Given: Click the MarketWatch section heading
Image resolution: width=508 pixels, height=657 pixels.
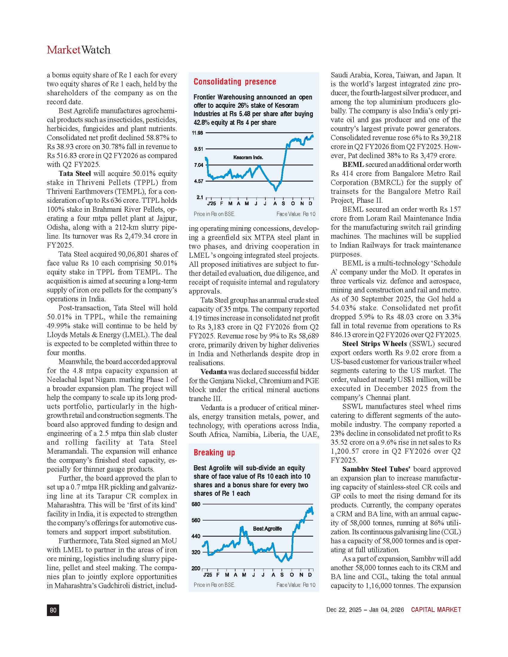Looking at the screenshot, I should coord(79,50).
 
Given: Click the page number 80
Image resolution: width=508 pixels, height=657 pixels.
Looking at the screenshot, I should coord(53,610).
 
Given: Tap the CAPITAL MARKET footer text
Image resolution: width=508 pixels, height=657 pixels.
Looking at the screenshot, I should coord(436,610).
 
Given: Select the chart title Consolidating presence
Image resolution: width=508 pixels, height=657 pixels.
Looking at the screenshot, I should coord(235,82).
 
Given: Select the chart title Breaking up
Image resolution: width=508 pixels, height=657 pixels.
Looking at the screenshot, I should coord(214,452).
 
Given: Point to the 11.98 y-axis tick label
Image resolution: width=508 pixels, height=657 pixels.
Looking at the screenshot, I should coord(198,133).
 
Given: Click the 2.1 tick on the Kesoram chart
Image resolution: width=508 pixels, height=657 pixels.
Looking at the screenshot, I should coord(200,197).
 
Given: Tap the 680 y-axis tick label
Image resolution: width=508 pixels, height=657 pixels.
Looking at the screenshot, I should coord(196,504).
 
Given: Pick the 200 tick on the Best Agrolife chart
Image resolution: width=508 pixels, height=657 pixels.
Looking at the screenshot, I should coord(196,568).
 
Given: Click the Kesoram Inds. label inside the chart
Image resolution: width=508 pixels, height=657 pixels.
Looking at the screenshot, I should coord(248,157).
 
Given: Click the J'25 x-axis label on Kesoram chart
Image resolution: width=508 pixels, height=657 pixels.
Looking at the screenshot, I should coord(212,204).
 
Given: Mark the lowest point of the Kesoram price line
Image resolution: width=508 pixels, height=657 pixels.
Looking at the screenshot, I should coord(276,190).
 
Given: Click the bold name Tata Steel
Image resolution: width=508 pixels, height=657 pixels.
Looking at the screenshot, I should coord(75,174).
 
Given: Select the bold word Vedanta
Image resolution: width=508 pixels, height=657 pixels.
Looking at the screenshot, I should coord(214,372).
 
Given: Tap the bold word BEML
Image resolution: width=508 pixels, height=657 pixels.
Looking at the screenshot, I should coord(353,165).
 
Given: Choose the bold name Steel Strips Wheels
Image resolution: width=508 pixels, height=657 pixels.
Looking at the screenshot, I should coord(374,343).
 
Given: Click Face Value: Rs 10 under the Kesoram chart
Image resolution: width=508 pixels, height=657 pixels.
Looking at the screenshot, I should coord(296,214).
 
